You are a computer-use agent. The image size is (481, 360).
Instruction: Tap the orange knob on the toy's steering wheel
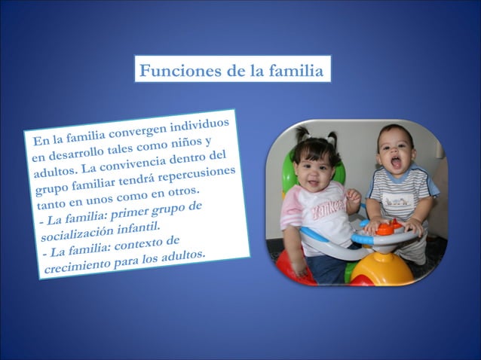(387, 226)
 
